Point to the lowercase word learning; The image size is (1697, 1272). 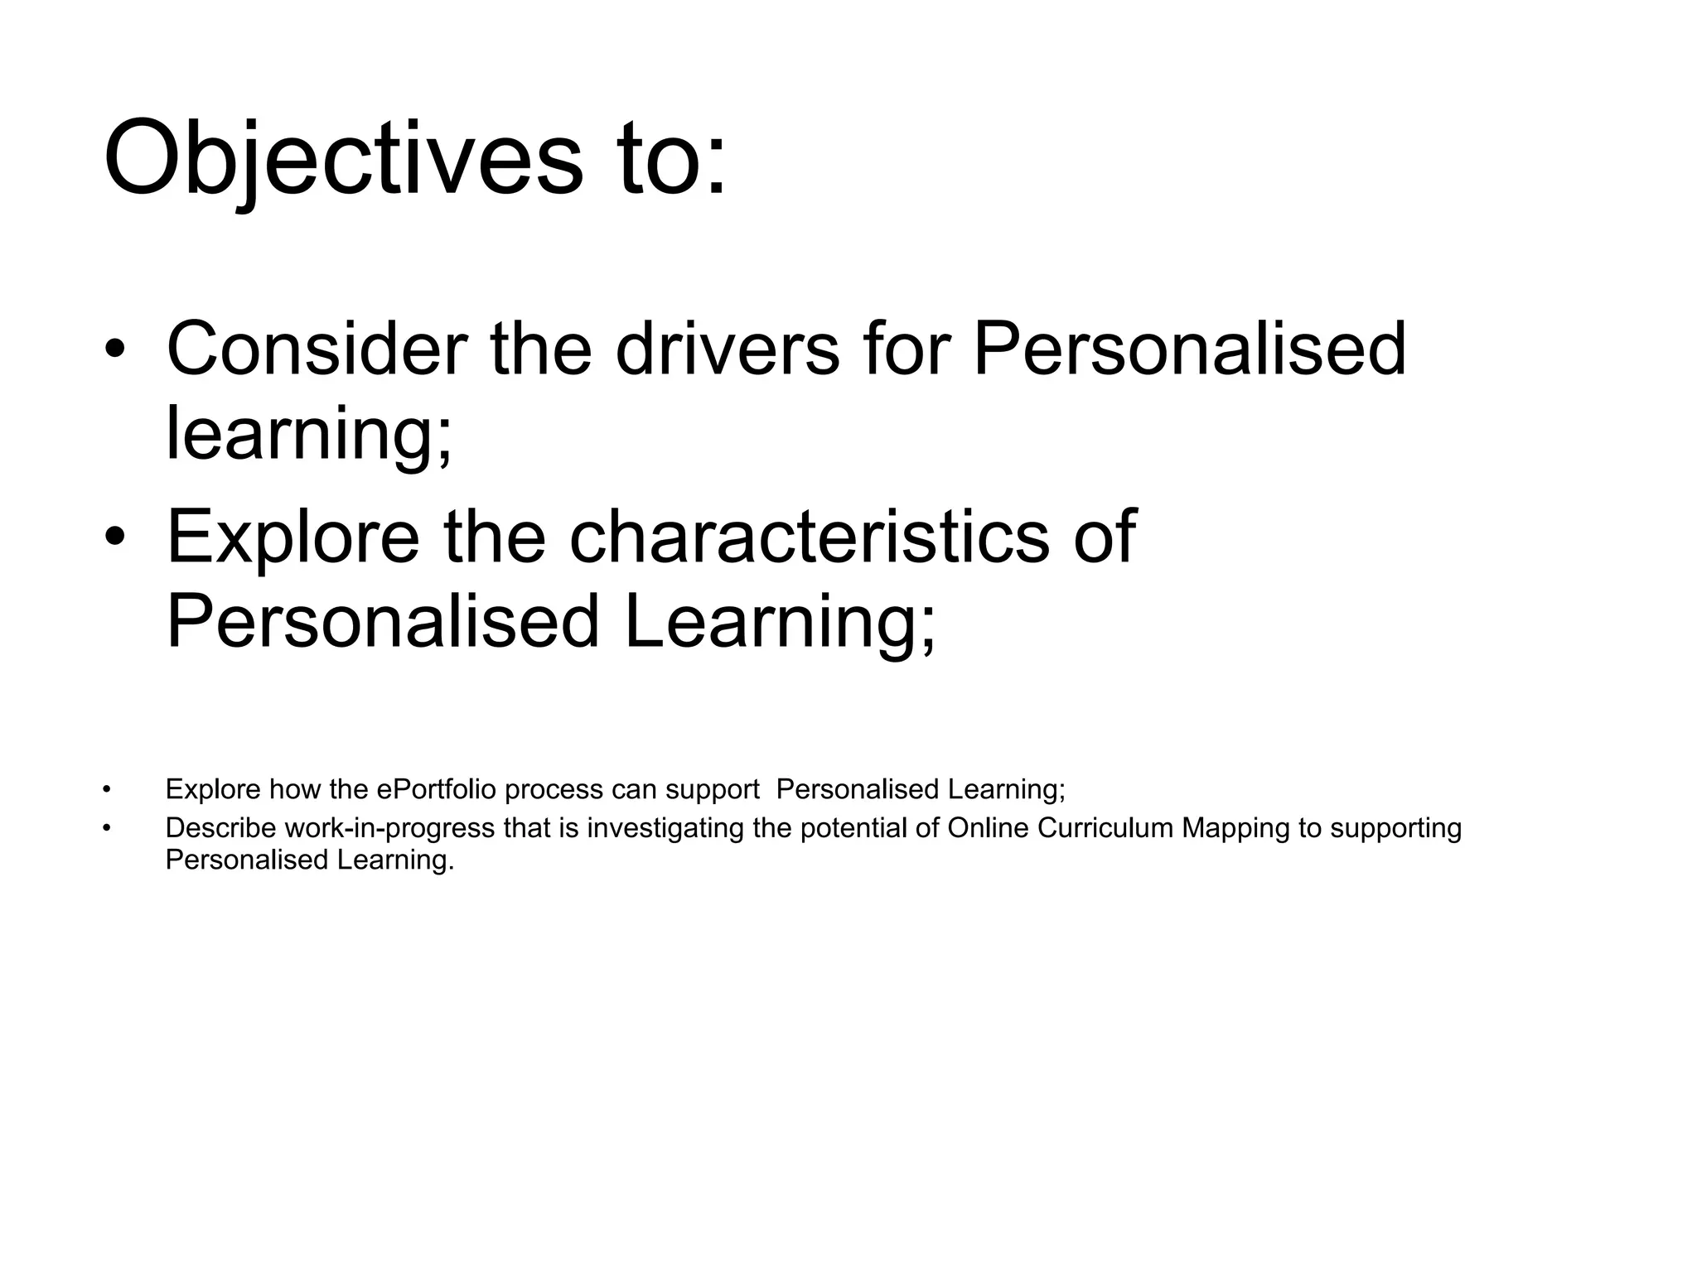[309, 434]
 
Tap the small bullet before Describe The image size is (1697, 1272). [106, 828]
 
